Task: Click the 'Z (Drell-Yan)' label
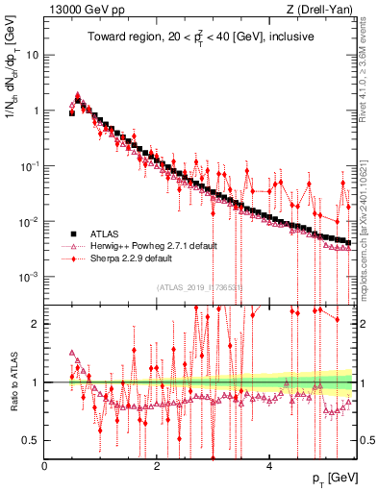[x=322, y=10]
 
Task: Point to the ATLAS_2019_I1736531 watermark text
[x=199, y=287]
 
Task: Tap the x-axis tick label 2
[x=157, y=466]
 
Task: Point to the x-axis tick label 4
[x=269, y=466]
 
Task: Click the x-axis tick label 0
[x=44, y=466]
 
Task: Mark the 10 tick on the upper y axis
[x=33, y=55]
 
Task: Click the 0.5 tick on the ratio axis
[x=32, y=440]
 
